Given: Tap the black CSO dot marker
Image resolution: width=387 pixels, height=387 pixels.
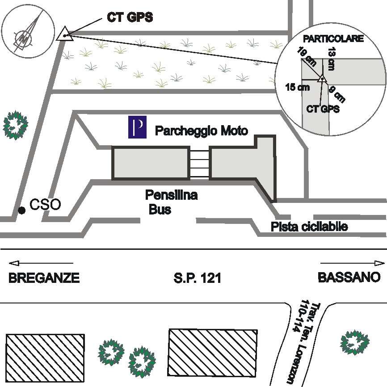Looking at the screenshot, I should (x=21, y=210).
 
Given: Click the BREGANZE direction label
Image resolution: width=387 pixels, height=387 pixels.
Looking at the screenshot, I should (x=44, y=278).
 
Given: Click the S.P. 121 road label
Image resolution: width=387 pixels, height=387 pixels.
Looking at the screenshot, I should (x=197, y=278).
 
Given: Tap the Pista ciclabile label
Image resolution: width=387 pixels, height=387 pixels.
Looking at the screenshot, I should (x=309, y=227).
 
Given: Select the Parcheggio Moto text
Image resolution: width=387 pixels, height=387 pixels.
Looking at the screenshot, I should (x=201, y=130).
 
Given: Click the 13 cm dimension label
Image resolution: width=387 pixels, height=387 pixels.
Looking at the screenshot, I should (x=331, y=59).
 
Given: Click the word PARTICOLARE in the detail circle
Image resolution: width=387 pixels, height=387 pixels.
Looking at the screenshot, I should (x=333, y=39).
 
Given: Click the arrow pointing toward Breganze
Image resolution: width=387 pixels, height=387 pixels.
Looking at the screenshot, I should (x=40, y=263).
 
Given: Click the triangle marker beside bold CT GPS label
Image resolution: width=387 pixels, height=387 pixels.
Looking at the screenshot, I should (x=65, y=34).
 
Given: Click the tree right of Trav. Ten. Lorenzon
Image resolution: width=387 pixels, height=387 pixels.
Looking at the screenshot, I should (x=356, y=342).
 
